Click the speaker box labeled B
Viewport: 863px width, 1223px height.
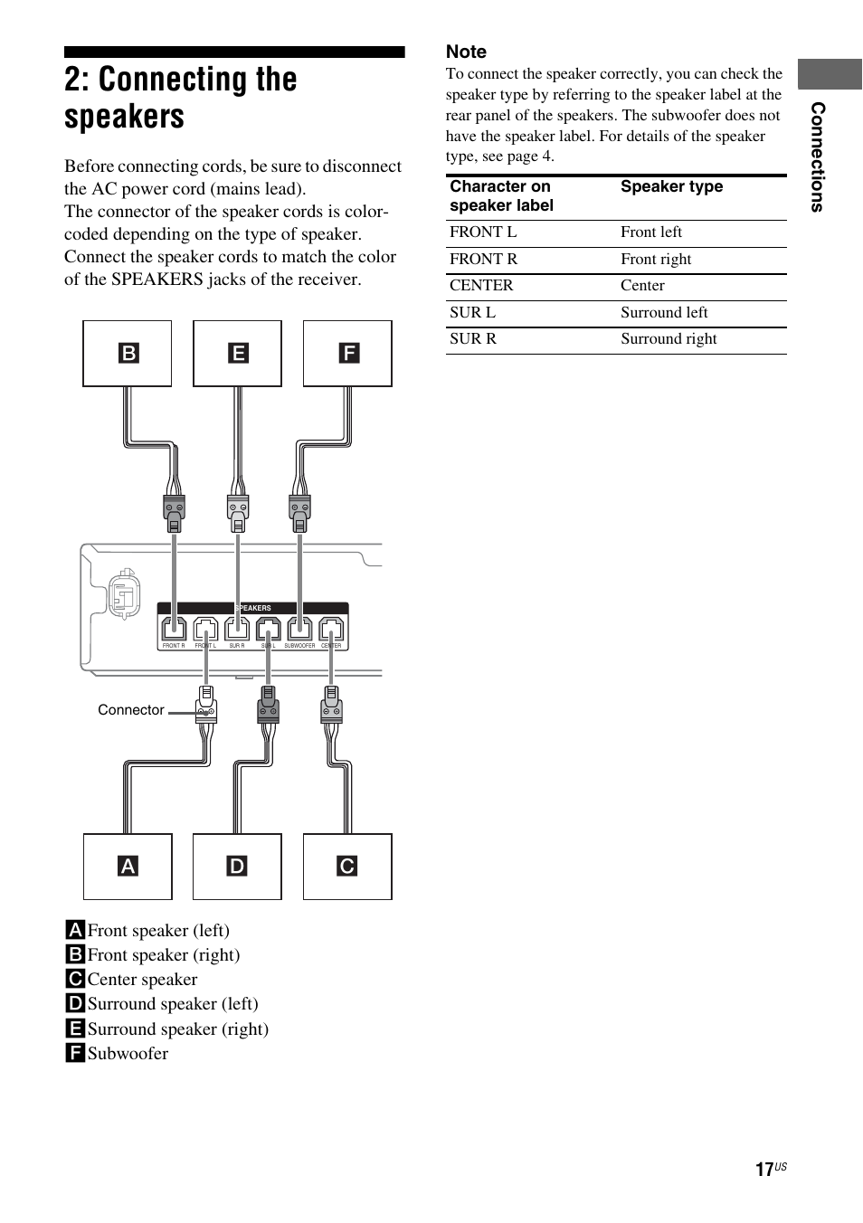(128, 353)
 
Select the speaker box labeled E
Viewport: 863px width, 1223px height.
(237, 353)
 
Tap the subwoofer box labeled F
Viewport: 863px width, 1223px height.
(347, 353)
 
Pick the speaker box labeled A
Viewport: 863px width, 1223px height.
(128, 867)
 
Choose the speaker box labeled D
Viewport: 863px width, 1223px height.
(237, 867)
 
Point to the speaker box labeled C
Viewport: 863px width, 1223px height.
(347, 867)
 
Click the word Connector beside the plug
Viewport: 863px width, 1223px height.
(131, 710)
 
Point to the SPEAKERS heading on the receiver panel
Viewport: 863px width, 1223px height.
(253, 608)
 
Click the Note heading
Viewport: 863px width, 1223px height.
(466, 52)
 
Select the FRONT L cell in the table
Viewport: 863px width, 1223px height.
(483, 232)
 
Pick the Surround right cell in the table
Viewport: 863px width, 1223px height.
(669, 339)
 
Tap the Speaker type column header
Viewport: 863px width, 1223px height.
(671, 186)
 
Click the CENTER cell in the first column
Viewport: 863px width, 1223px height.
(481, 286)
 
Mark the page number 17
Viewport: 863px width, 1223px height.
(764, 1170)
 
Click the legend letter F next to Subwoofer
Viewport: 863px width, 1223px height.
(75, 1053)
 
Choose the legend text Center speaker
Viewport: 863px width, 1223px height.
(142, 980)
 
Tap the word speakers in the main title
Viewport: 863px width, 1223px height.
(124, 118)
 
